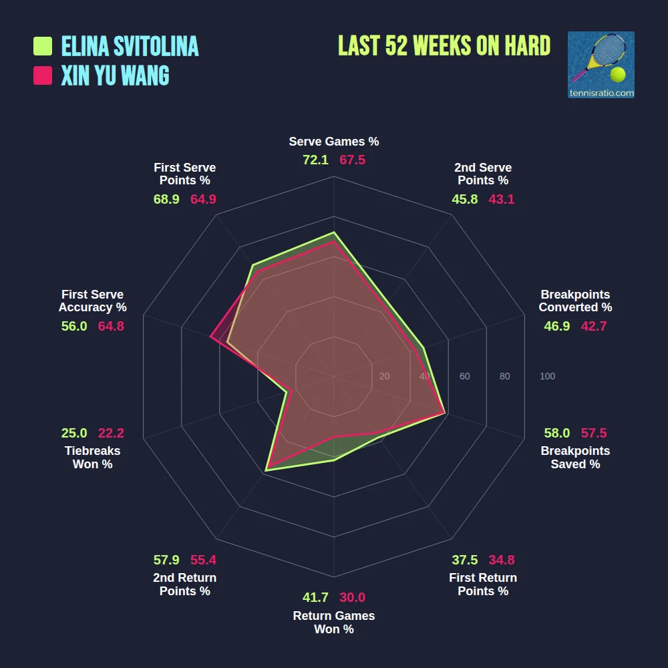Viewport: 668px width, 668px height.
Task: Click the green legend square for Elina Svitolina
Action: pyautogui.click(x=43, y=46)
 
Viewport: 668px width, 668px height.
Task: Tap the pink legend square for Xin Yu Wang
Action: pyautogui.click(x=43, y=75)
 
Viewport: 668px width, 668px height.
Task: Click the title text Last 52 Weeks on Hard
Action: pyautogui.click(x=444, y=46)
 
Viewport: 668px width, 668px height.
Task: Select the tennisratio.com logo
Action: pyautogui.click(x=601, y=65)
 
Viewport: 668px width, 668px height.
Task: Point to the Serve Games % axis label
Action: pyautogui.click(x=334, y=142)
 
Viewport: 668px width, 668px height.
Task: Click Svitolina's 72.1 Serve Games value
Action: pyautogui.click(x=316, y=160)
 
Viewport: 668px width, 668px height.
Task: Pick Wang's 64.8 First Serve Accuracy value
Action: pyautogui.click(x=111, y=326)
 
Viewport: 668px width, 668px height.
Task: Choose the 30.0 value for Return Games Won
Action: pyautogui.click(x=352, y=598)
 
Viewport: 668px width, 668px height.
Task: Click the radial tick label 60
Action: pyautogui.click(x=464, y=376)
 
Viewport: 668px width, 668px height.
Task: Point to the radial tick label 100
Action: pyautogui.click(x=547, y=376)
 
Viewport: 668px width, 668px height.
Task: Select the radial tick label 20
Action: pyautogui.click(x=384, y=376)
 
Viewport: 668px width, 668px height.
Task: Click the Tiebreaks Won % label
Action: pyautogui.click(x=92, y=458)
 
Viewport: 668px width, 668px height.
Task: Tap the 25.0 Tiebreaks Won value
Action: pyautogui.click(x=74, y=433)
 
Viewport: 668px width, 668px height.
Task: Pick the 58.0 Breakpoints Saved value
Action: pyautogui.click(x=557, y=433)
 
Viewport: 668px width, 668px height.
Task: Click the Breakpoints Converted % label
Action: pyautogui.click(x=575, y=301)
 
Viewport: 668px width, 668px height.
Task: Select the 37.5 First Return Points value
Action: pyautogui.click(x=464, y=560)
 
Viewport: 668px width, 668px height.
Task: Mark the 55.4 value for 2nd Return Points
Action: pyautogui.click(x=203, y=560)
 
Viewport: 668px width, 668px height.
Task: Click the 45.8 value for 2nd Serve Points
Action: pyautogui.click(x=464, y=199)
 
